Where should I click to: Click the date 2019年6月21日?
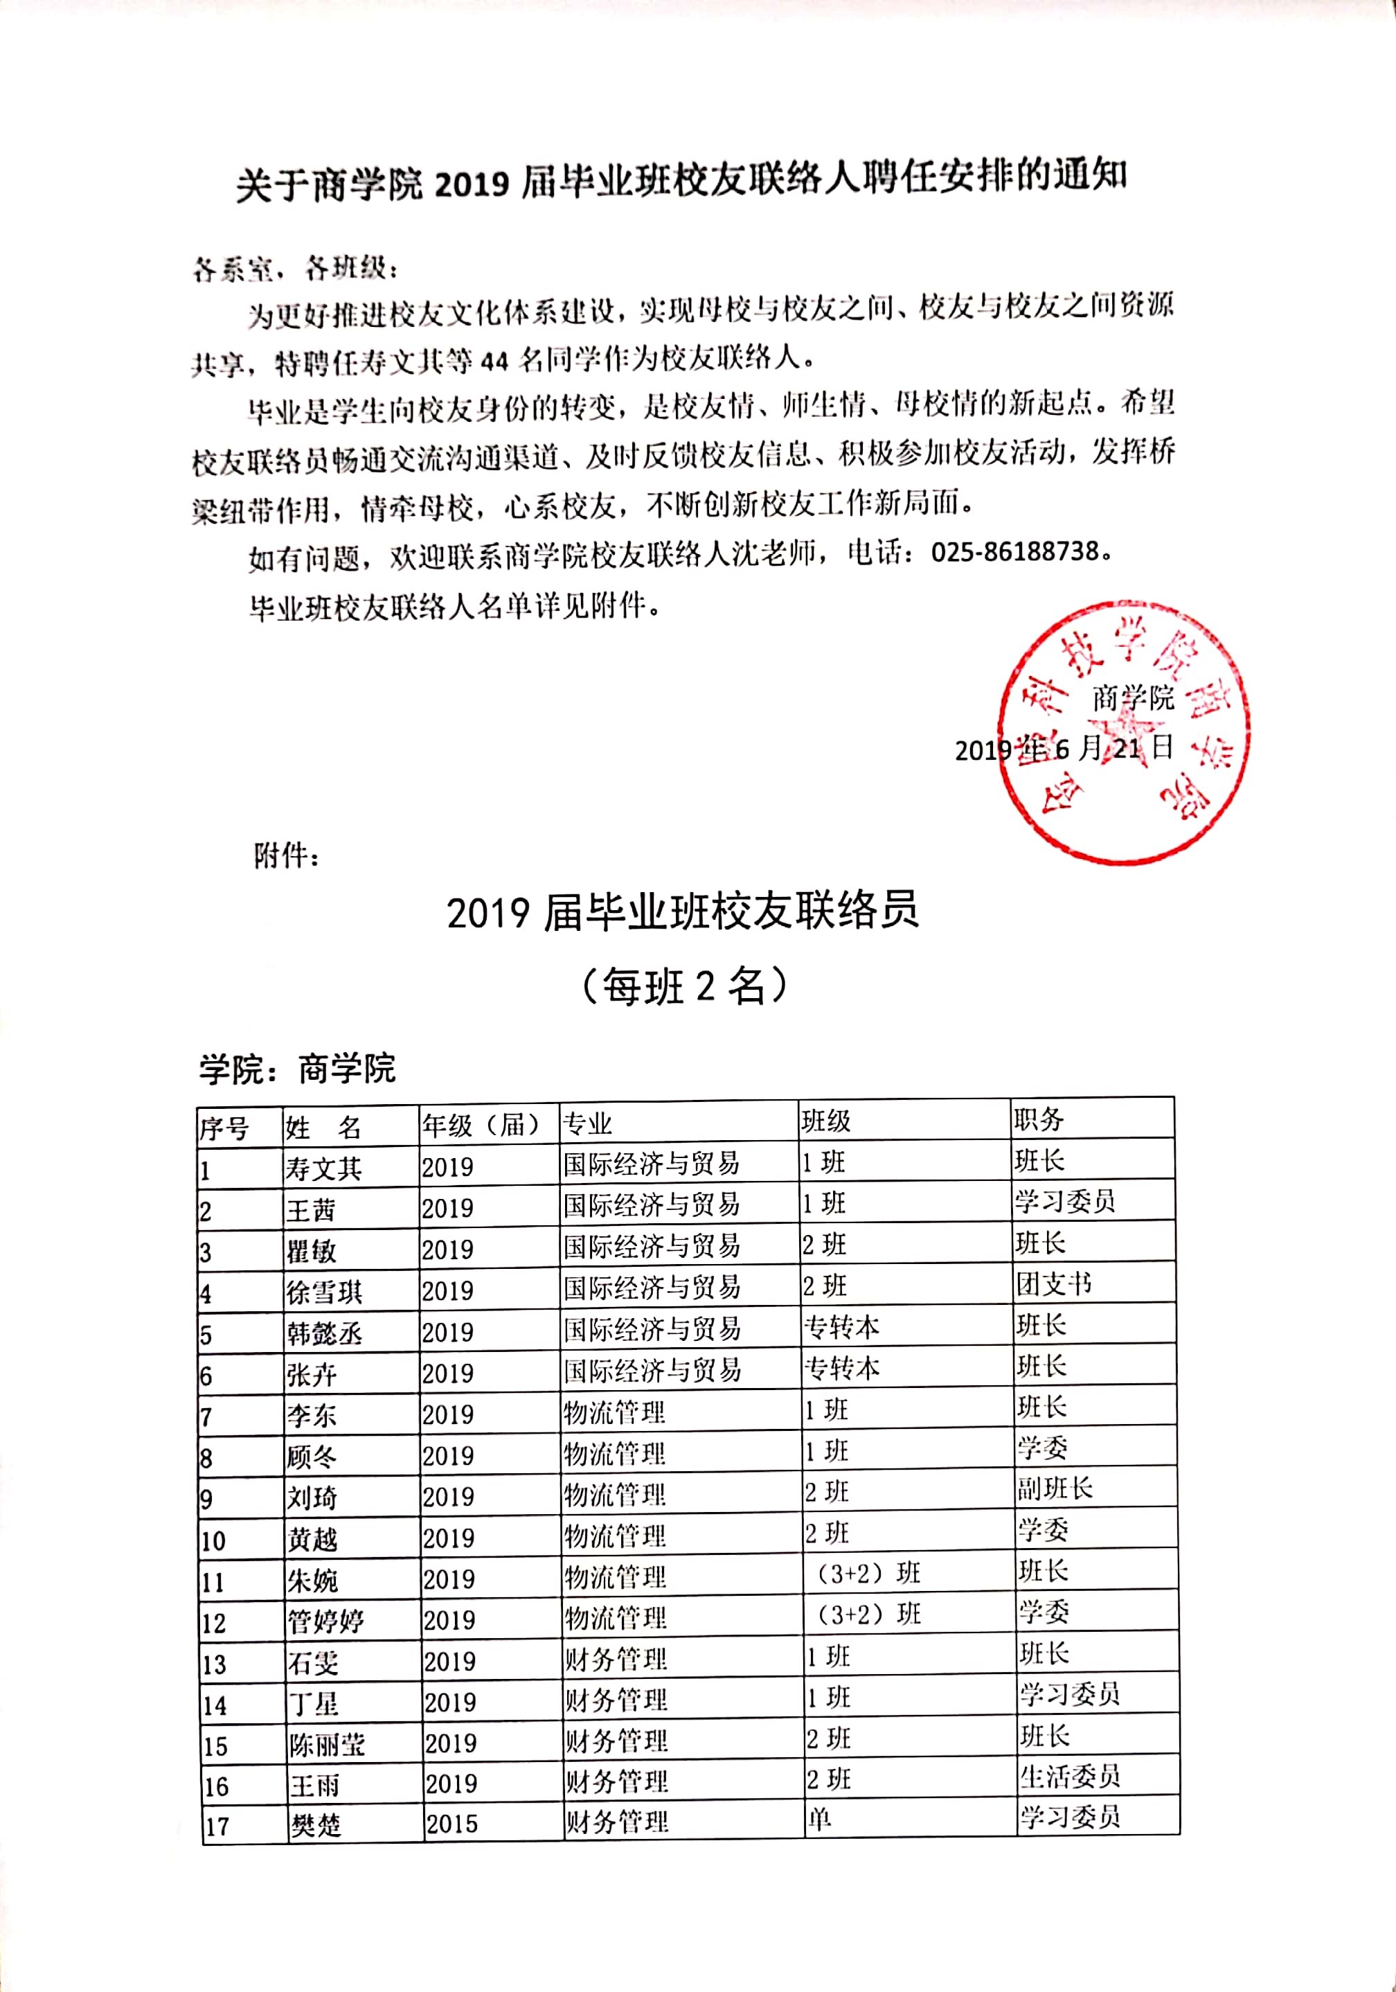pos(1064,749)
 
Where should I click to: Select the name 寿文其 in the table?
pos(323,1168)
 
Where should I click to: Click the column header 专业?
pos(587,1124)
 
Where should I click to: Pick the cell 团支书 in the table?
pos(1053,1284)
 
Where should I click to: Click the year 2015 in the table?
pos(451,1824)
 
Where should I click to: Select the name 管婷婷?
pos(326,1621)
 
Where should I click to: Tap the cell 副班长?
pos(1054,1488)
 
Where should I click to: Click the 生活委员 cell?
pos(1070,1777)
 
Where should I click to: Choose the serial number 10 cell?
pos(213,1542)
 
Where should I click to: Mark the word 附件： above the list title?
pos(286,856)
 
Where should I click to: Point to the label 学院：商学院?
pos(297,1068)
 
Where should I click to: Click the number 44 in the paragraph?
pos(494,360)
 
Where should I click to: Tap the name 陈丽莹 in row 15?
pos(327,1745)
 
